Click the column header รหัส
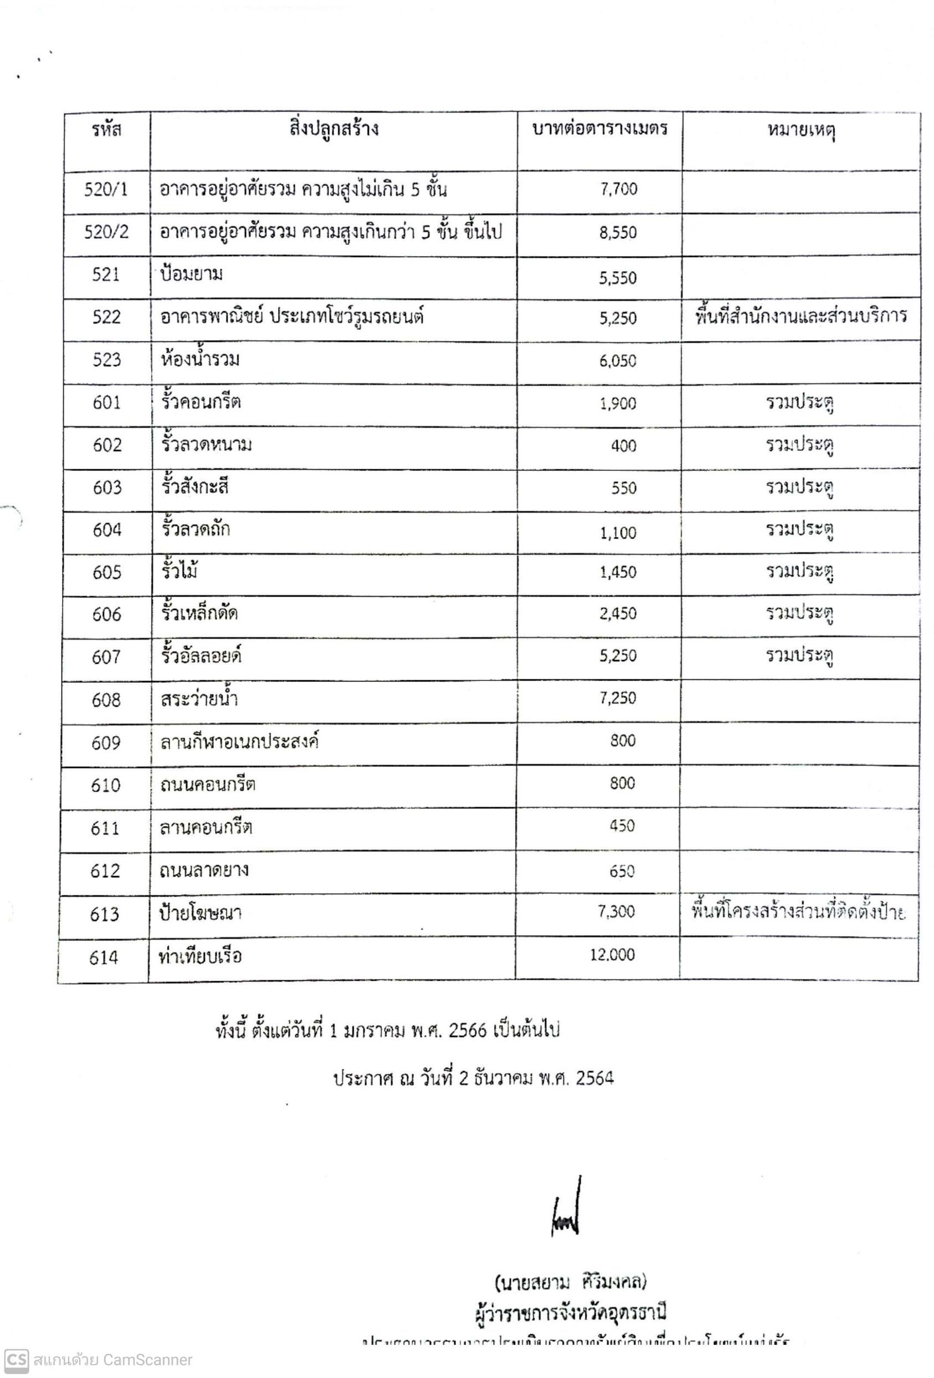pyautogui.click(x=107, y=130)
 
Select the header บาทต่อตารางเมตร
pyautogui.click(x=599, y=129)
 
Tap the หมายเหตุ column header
pyautogui.click(x=800, y=130)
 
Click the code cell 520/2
pyautogui.click(x=106, y=232)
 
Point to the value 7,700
pyautogui.click(x=619, y=189)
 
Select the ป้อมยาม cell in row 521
pyautogui.click(x=192, y=274)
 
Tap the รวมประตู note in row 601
pyautogui.click(x=799, y=403)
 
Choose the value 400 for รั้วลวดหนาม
pyautogui.click(x=623, y=446)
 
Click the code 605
pyautogui.click(x=107, y=572)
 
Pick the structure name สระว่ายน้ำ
pyautogui.click(x=199, y=699)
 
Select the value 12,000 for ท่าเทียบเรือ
pyautogui.click(x=612, y=954)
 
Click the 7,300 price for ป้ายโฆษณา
pyautogui.click(x=616, y=911)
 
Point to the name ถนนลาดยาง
pyautogui.click(x=204, y=870)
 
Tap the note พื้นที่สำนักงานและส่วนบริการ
pyautogui.click(x=800, y=316)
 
